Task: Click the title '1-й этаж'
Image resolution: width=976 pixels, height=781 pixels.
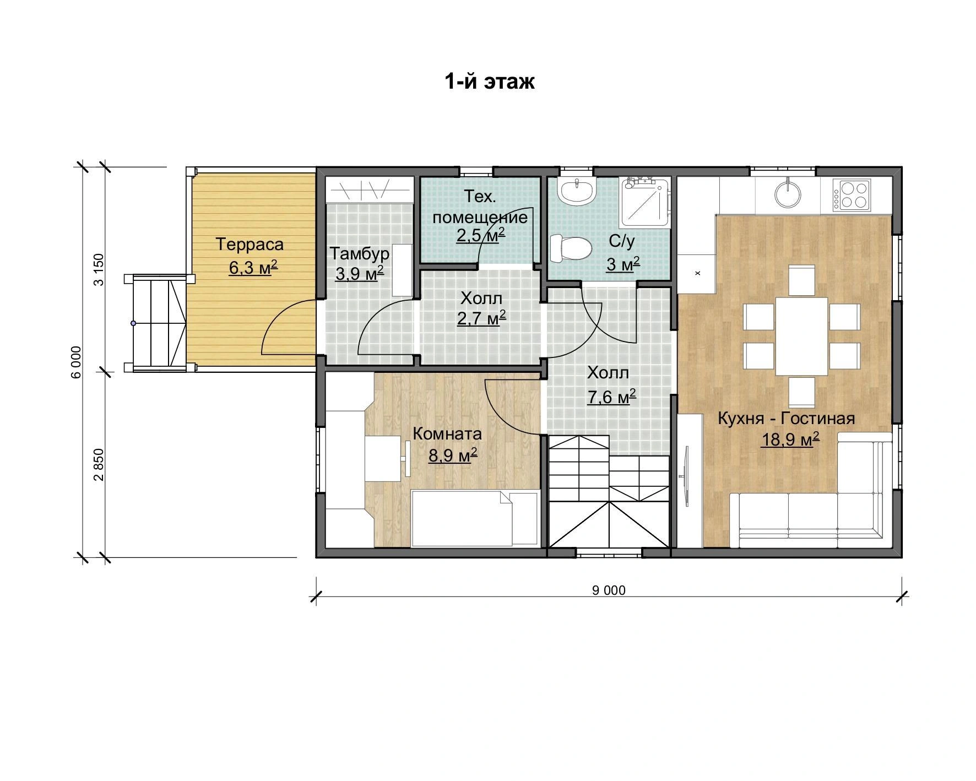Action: click(x=490, y=82)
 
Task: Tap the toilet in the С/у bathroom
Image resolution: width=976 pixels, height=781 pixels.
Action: click(x=571, y=248)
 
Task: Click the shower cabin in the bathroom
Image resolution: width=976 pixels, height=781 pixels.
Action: click(x=646, y=202)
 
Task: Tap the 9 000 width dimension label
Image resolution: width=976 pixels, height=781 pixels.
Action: click(x=609, y=590)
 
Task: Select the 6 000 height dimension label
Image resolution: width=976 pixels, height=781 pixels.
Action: click(x=77, y=362)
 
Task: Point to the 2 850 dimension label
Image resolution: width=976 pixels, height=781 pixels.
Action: click(x=99, y=464)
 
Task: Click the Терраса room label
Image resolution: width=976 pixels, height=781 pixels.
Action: click(x=250, y=244)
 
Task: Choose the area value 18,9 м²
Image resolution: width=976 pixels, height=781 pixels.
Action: click(x=790, y=440)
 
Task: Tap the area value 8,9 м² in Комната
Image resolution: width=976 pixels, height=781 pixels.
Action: click(x=452, y=454)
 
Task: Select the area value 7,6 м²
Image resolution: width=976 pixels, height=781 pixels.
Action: click(x=611, y=396)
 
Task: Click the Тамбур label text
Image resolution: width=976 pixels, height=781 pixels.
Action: click(x=360, y=253)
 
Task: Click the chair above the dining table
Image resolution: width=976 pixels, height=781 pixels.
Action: click(x=802, y=280)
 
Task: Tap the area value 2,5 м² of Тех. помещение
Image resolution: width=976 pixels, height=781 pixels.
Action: click(x=481, y=235)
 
